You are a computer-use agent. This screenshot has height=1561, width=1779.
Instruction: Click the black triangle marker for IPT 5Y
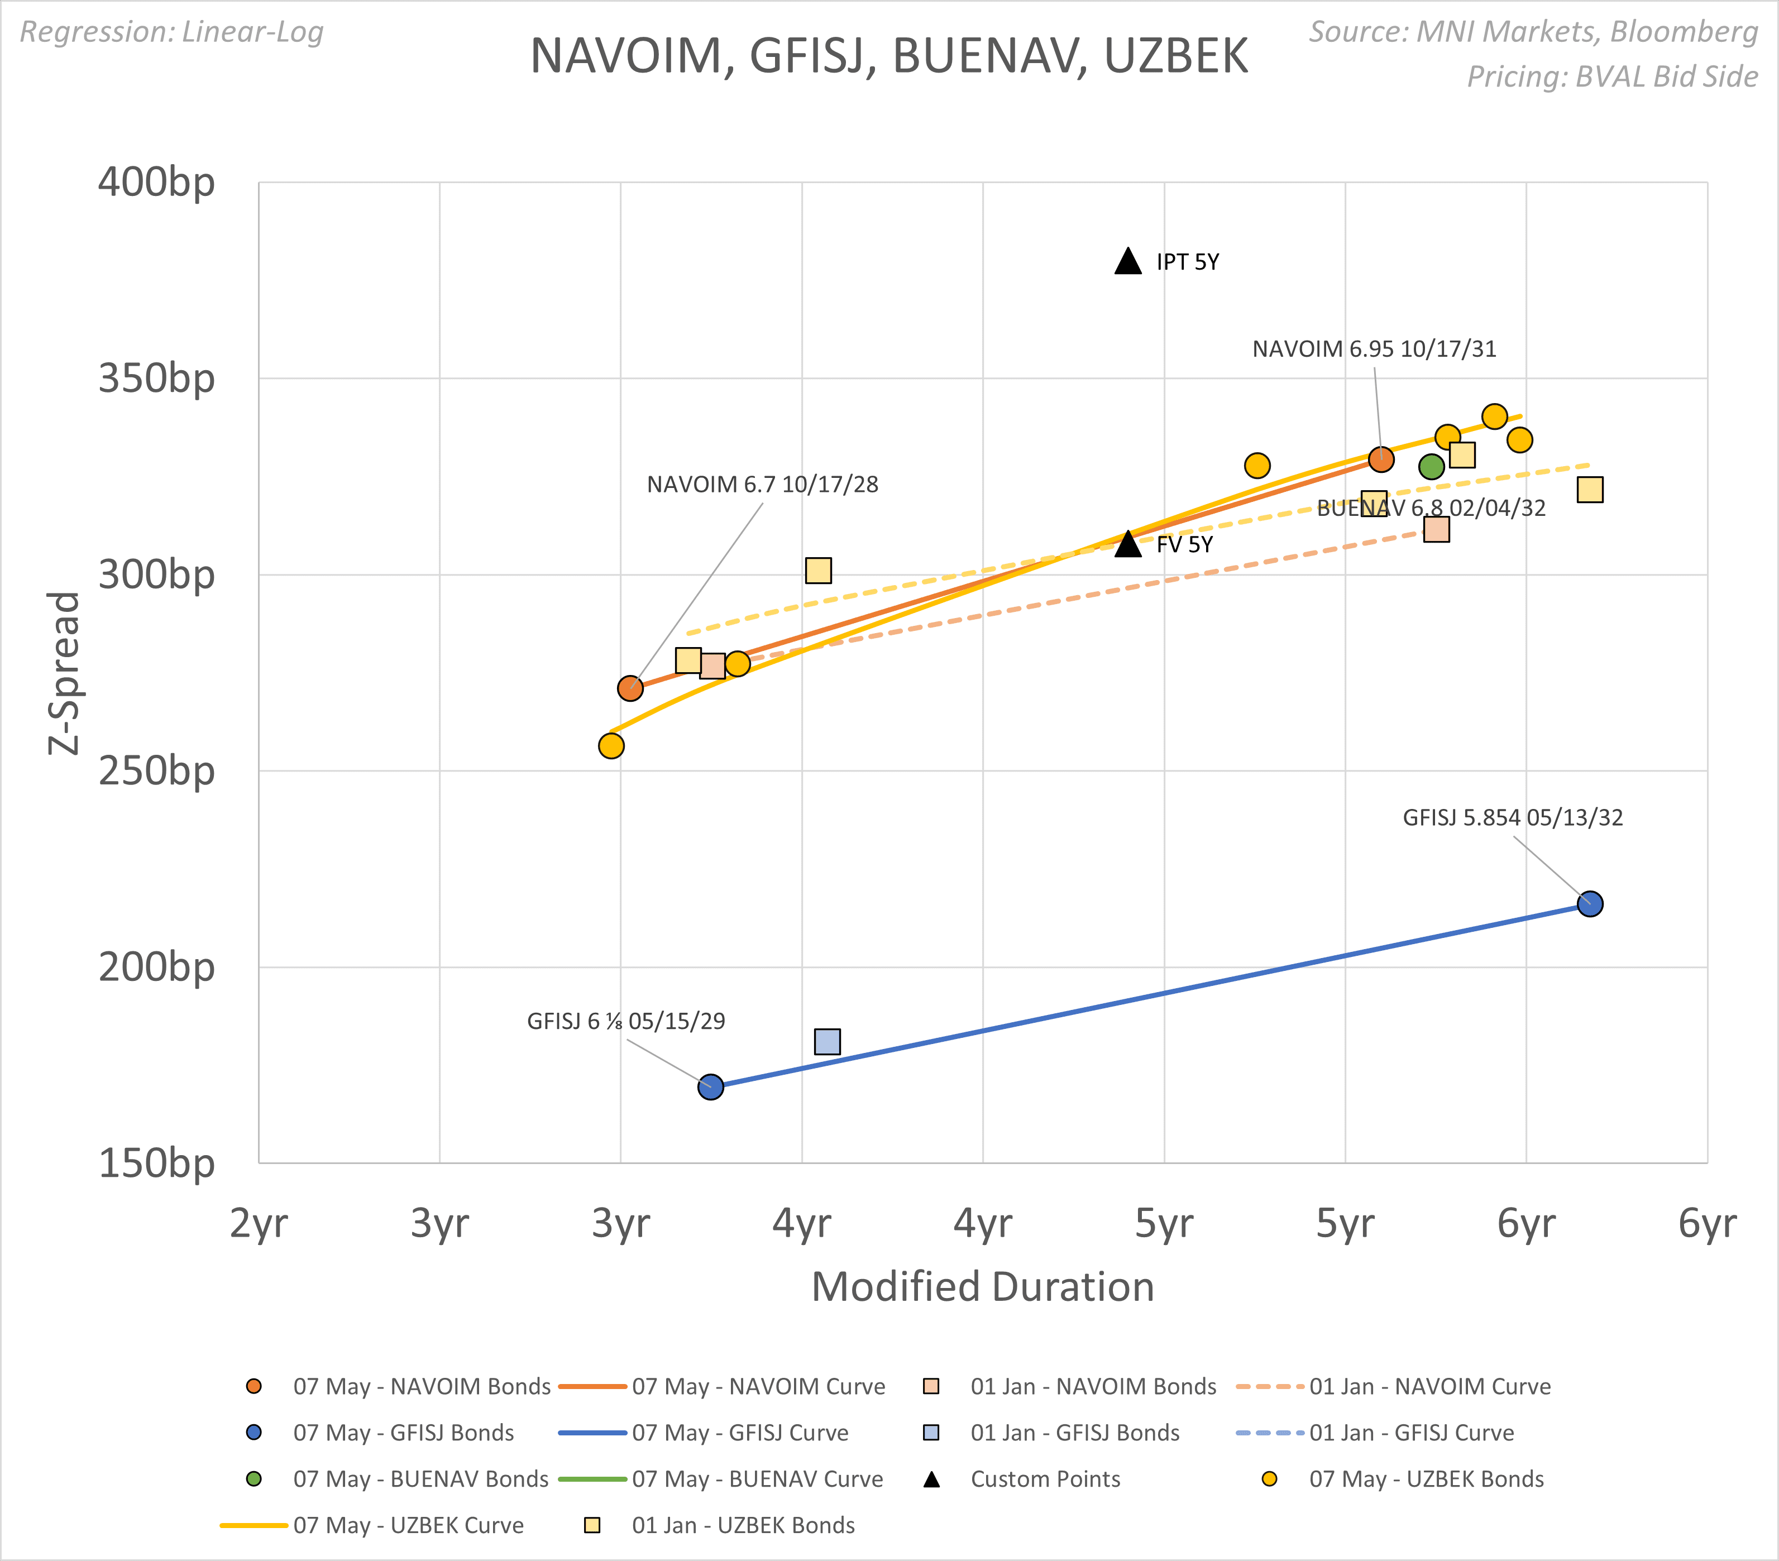(x=1128, y=262)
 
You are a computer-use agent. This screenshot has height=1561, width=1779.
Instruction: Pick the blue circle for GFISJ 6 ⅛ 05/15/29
(x=710, y=1087)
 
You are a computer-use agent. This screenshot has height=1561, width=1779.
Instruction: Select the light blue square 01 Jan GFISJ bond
(x=827, y=1042)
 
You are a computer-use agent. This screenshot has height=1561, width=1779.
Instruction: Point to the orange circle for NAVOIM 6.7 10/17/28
(x=630, y=689)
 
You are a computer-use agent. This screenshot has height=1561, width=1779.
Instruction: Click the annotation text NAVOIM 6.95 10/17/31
(x=1374, y=349)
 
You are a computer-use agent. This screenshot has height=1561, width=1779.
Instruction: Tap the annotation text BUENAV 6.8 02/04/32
(x=1431, y=508)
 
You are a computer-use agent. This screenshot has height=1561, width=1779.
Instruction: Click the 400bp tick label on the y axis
(x=157, y=183)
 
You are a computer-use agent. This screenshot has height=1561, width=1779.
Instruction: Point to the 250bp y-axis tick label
(x=157, y=771)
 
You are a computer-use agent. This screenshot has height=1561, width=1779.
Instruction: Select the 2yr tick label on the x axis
(x=259, y=1223)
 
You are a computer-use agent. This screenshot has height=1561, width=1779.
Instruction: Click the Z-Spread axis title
(x=64, y=673)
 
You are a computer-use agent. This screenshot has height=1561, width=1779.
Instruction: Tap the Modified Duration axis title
(x=983, y=1287)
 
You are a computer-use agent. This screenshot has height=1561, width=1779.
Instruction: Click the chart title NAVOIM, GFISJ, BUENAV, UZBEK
(x=888, y=56)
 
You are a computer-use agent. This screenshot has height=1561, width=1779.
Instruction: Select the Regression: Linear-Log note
(x=171, y=32)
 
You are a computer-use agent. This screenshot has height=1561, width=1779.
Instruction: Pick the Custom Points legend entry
(x=1044, y=1479)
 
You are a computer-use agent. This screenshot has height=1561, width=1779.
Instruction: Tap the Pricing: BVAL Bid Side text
(x=1612, y=76)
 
